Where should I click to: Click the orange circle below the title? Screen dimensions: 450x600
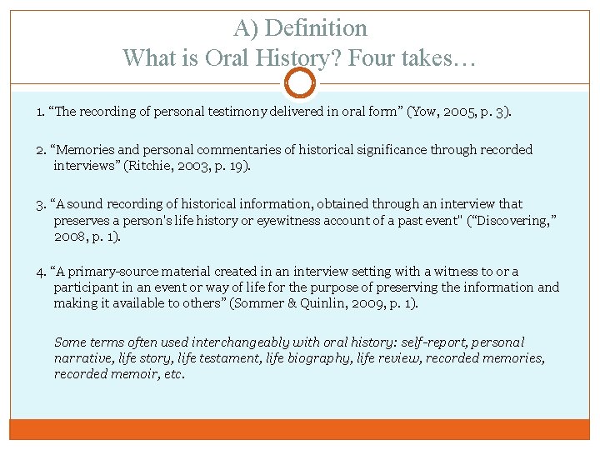click(299, 82)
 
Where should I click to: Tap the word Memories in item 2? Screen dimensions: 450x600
click(86, 150)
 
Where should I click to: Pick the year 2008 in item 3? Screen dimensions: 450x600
click(69, 236)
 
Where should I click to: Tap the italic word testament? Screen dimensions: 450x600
click(232, 358)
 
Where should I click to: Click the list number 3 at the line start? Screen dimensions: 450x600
click(40, 204)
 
